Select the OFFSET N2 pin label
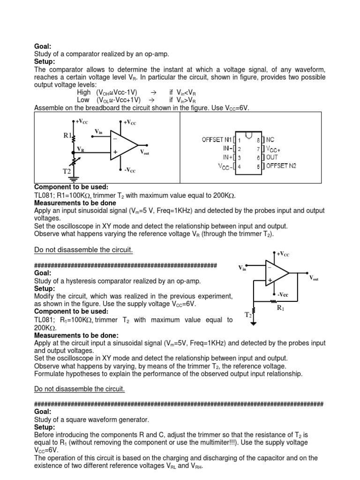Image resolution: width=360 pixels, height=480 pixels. pyautogui.click(x=281, y=165)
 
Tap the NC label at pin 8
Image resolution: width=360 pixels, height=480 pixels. pyautogui.click(x=270, y=140)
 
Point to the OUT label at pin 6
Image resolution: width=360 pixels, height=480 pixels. pyautogui.click(x=272, y=157)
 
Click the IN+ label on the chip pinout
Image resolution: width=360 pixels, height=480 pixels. pyautogui.click(x=228, y=157)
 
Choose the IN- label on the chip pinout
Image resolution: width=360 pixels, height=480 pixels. pyautogui.click(x=228, y=148)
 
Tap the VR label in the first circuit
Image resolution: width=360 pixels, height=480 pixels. pyautogui.click(x=81, y=149)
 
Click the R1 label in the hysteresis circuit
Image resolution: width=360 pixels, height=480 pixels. pyautogui.click(x=280, y=307)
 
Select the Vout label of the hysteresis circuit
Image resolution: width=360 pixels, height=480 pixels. pyautogui.click(x=314, y=278)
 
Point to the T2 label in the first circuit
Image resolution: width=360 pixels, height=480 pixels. pyautogui.click(x=67, y=172)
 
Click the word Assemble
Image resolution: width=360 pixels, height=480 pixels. pyautogui.click(x=48, y=108)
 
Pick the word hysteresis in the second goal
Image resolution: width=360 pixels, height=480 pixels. pyautogui.click(x=84, y=281)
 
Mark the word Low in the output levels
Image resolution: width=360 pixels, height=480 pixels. pyautogui.click(x=83, y=100)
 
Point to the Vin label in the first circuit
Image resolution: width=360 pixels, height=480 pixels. pyautogui.click(x=98, y=131)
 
